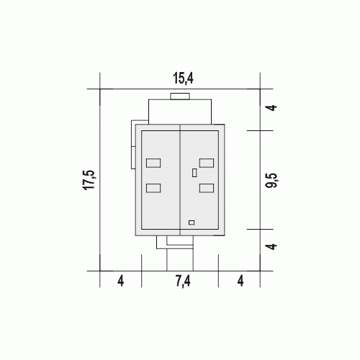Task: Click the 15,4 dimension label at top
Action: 183,78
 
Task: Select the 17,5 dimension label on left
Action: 89,180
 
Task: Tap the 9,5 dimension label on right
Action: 271,180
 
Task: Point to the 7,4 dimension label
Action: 183,281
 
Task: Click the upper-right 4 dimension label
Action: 272,107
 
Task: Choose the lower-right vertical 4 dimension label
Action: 272,246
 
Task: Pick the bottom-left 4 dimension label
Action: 121,281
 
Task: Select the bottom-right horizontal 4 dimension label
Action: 240,281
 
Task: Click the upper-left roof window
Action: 153,163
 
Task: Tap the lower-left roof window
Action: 153,188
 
